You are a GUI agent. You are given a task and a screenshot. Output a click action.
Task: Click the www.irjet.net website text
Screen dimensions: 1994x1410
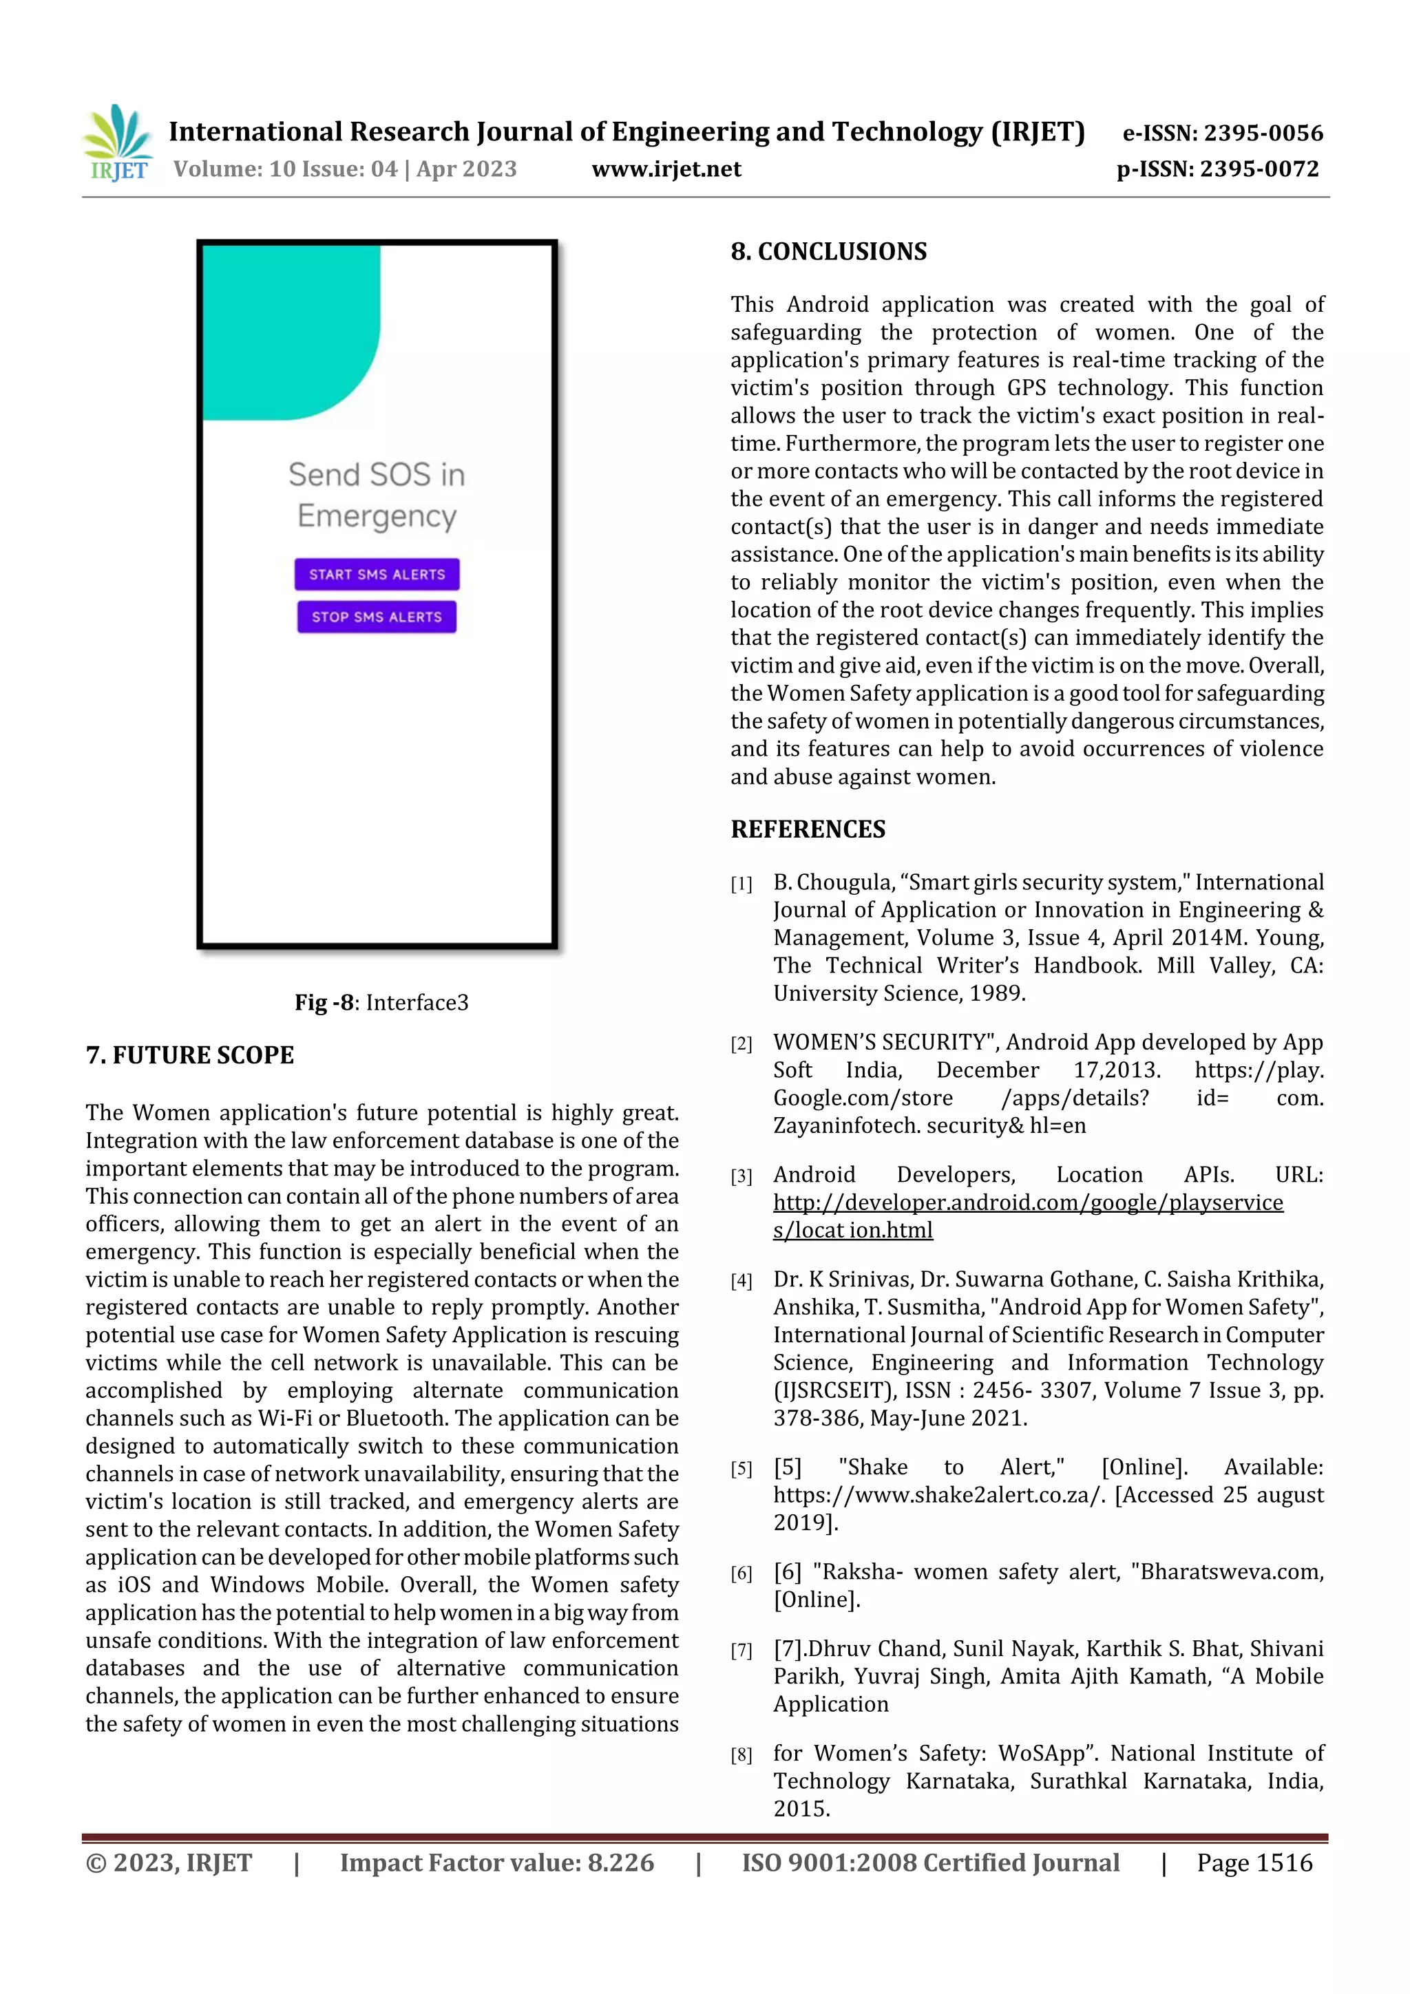tap(666, 169)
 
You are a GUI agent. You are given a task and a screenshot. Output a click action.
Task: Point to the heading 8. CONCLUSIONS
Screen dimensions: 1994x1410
tap(828, 252)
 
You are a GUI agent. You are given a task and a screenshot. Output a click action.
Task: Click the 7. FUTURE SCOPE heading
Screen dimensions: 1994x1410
tap(189, 1055)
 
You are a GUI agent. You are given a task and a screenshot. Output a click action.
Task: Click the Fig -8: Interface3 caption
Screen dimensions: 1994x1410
tap(381, 1002)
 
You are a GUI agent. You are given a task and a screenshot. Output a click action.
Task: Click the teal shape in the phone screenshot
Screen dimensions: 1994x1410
tap(286, 330)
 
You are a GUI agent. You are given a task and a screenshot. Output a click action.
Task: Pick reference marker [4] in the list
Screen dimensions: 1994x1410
tap(741, 1281)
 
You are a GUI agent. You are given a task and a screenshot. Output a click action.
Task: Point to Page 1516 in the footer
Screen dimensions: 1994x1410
tap(1254, 1863)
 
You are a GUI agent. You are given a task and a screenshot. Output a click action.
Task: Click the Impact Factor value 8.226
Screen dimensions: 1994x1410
tap(496, 1863)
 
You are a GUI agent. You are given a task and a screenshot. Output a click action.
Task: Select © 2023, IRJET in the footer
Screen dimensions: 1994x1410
tap(169, 1863)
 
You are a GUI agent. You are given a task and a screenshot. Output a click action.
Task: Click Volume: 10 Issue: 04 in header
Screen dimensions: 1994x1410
tap(285, 169)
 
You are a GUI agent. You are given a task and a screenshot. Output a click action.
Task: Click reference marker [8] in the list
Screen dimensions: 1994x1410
tap(741, 1755)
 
